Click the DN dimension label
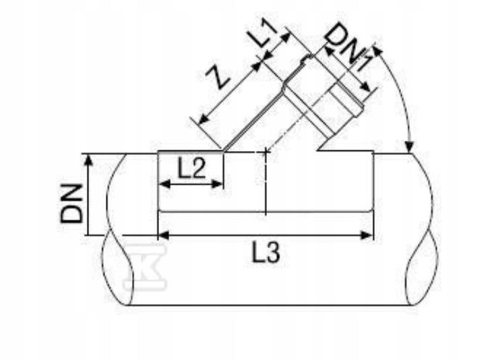click(x=71, y=204)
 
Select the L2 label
click(x=191, y=169)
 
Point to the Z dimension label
click(x=218, y=78)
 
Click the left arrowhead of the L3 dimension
click(x=163, y=235)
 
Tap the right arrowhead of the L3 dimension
click(x=367, y=235)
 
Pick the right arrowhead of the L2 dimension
click(x=217, y=184)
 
